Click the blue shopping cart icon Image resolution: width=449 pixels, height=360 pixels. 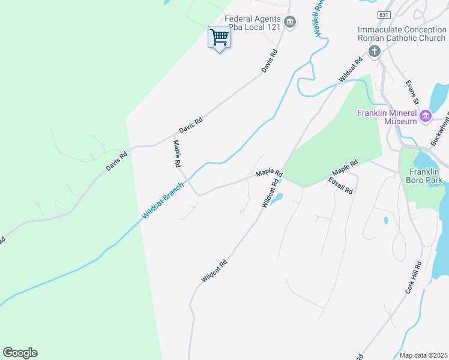(219, 37)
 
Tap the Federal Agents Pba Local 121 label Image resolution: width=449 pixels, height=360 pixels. (253, 23)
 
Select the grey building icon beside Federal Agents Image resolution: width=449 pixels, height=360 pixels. (290, 23)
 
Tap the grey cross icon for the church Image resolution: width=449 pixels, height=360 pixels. (374, 51)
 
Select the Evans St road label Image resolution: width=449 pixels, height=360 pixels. (414, 90)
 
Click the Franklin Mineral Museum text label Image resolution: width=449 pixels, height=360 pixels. (387, 117)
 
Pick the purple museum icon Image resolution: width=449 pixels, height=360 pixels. (426, 116)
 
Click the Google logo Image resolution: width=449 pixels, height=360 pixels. (20, 353)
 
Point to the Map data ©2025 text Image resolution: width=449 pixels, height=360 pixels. (423, 355)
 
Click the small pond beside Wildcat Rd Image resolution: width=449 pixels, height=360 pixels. (276, 199)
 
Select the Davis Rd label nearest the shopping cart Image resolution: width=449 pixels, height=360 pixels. (270, 61)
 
